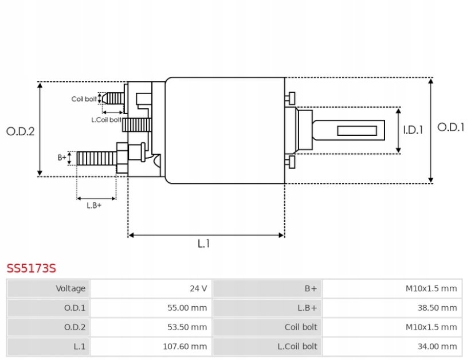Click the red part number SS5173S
click(x=31, y=268)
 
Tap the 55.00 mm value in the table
click(x=187, y=308)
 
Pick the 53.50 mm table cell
click(x=187, y=327)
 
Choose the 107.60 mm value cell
click(x=185, y=346)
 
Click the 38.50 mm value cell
click(x=438, y=308)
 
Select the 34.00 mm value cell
click(x=438, y=346)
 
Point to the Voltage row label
click(x=70, y=288)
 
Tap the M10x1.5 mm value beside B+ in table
click(x=431, y=288)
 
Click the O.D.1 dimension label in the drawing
click(x=450, y=127)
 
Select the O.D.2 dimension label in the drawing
click(x=21, y=131)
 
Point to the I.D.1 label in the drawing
click(x=413, y=130)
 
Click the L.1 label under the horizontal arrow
click(x=204, y=244)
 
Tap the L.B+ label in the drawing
click(x=94, y=205)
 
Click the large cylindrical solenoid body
click(x=225, y=131)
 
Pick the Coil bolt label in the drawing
click(x=84, y=99)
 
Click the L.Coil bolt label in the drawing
click(x=106, y=120)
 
